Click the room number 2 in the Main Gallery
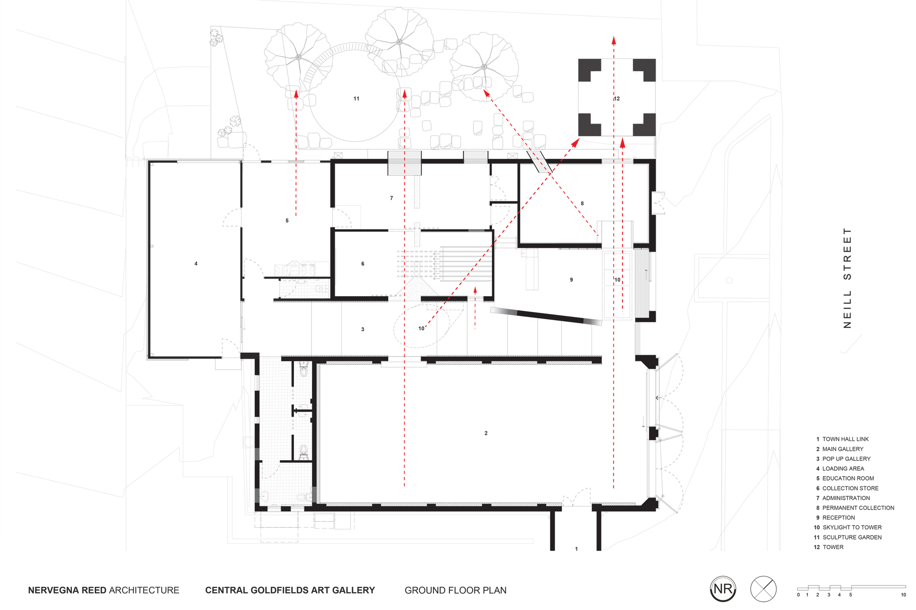click(x=486, y=433)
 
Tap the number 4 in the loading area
click(x=196, y=264)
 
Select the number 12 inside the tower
click(x=617, y=98)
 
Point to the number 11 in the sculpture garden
click(x=356, y=98)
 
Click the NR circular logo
click(x=723, y=589)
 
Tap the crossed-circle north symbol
click(x=763, y=589)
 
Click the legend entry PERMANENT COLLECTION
click(x=858, y=508)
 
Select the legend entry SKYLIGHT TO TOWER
click(x=851, y=527)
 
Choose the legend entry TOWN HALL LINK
click(x=845, y=439)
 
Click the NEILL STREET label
click(x=847, y=278)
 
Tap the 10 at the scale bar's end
click(x=903, y=595)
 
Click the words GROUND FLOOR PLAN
click(x=455, y=590)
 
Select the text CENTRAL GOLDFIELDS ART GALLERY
click(x=290, y=590)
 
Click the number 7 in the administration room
click(x=391, y=198)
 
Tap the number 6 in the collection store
click(x=363, y=264)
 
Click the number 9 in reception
click(x=571, y=280)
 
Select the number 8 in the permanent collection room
click(x=582, y=203)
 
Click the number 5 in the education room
click(x=287, y=221)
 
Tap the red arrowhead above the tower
click(x=614, y=40)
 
